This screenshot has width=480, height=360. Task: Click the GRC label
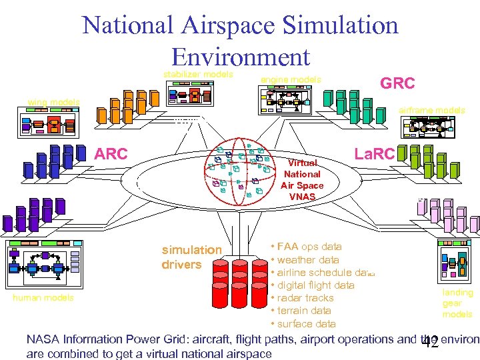click(x=397, y=83)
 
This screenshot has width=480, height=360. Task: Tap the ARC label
click(x=111, y=154)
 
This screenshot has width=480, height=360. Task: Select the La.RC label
click(x=375, y=155)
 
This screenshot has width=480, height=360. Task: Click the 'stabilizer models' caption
click(x=199, y=73)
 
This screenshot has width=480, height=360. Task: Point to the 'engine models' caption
click(x=291, y=80)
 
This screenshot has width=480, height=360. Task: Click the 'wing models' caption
click(x=53, y=102)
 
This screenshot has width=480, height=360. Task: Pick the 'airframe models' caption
click(x=432, y=110)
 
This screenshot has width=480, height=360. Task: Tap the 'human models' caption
click(x=43, y=298)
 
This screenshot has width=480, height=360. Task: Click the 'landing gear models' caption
click(x=457, y=303)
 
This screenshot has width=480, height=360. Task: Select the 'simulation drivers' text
click(x=191, y=257)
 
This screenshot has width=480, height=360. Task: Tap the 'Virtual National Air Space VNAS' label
click(x=302, y=179)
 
